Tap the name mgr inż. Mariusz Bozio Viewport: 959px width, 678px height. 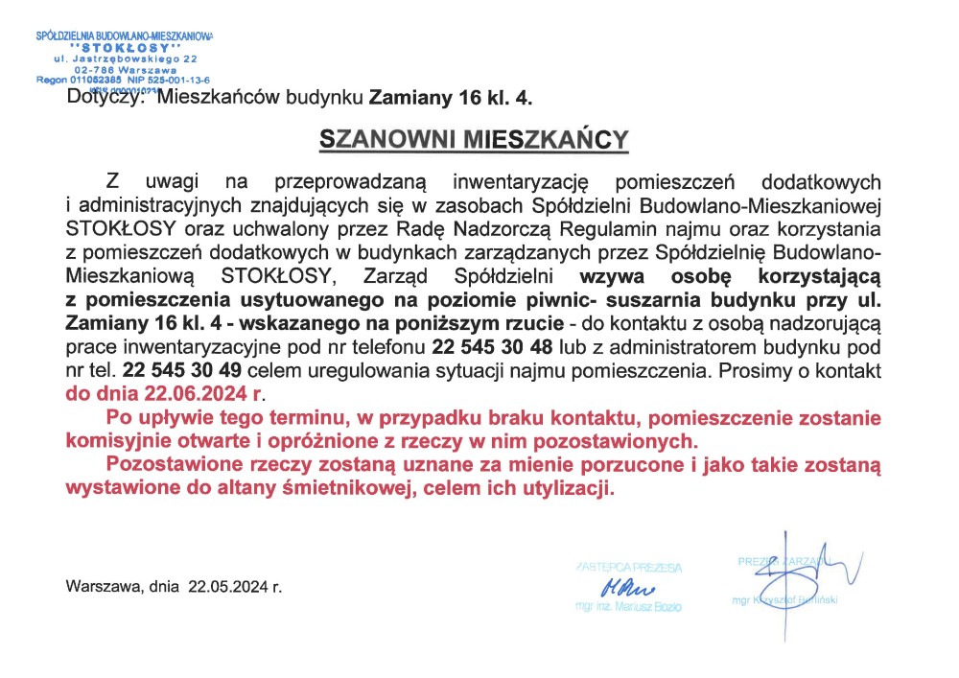(628, 608)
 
